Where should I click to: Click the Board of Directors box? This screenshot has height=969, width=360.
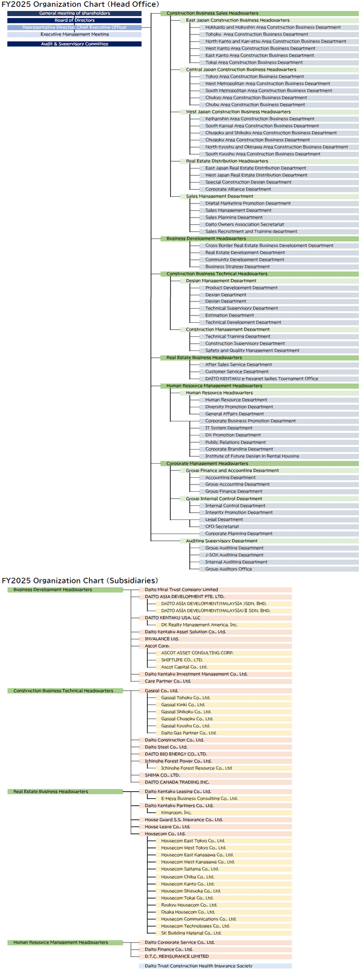tap(74, 20)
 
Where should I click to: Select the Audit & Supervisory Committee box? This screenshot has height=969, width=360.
tap(74, 44)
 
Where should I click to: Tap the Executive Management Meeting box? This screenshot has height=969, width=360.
tap(74, 34)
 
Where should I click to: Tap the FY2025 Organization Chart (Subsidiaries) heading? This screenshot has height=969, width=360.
tap(80, 580)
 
